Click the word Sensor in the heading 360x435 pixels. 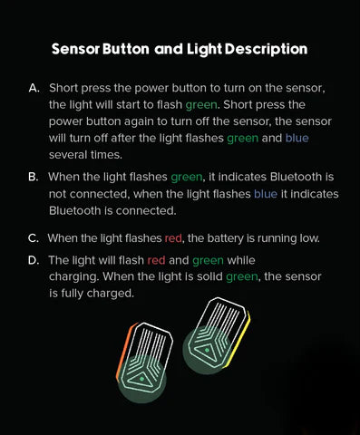(x=75, y=49)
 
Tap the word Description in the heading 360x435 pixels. (x=266, y=49)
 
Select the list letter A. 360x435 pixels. (x=34, y=88)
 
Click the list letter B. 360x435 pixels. (x=34, y=177)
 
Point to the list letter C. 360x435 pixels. (x=34, y=238)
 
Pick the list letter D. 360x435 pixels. (x=34, y=260)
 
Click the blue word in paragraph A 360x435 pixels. (x=297, y=138)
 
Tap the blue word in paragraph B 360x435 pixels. (x=266, y=194)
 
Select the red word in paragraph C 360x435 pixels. (x=173, y=238)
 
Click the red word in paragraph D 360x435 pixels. (x=156, y=260)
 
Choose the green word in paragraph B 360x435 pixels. (x=187, y=178)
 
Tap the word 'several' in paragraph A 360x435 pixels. (x=67, y=155)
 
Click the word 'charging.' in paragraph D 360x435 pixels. (x=74, y=277)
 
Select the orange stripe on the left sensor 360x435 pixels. (x=124, y=351)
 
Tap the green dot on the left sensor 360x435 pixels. (x=141, y=379)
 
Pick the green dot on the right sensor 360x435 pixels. (x=207, y=350)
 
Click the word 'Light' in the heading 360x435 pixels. (x=204, y=50)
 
